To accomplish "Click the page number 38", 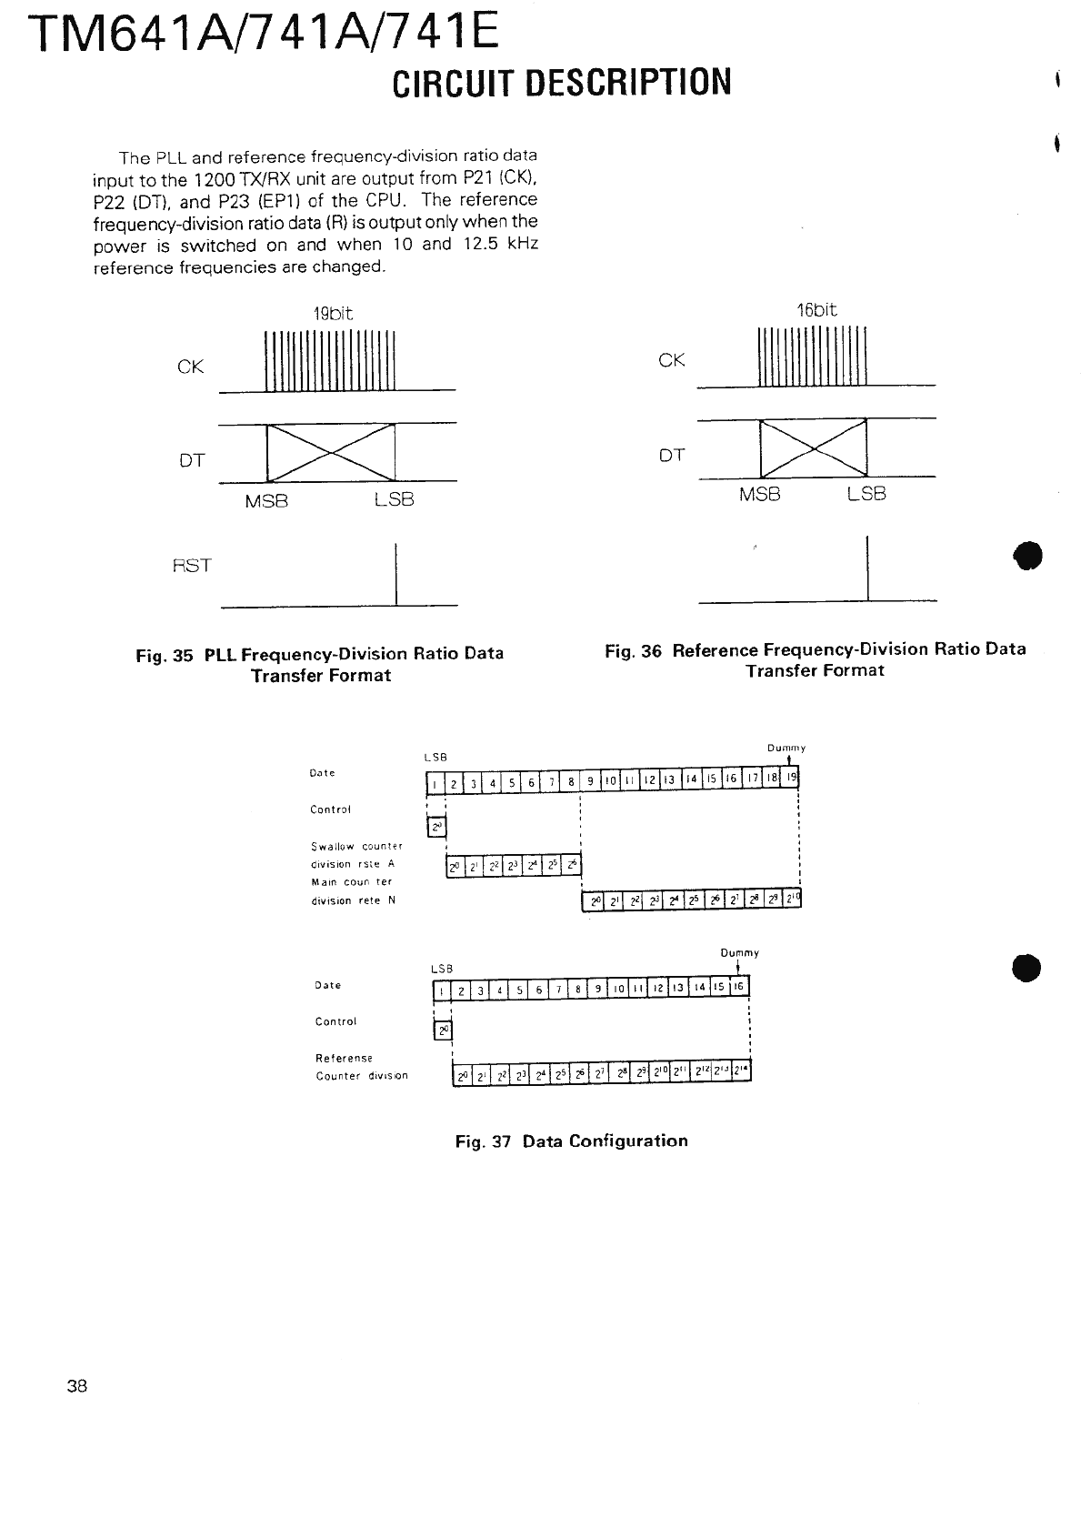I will point(76,1386).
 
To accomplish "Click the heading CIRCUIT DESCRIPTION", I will point(562,82).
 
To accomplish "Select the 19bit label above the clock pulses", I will point(333,314).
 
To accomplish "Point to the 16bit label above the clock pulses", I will point(816,309).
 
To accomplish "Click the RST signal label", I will point(192,565).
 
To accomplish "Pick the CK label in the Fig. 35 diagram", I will point(191,367).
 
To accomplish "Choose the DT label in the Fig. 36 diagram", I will point(672,455).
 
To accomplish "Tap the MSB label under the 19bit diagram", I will point(266,500).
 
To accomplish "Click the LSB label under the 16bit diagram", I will point(866,494).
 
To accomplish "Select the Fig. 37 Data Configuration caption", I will point(571,1141).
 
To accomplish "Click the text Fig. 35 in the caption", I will point(165,655).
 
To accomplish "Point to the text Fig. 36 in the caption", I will point(633,650).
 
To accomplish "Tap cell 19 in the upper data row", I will point(791,779).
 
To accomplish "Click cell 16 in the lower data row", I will point(739,988).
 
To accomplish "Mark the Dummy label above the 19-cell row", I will point(786,748).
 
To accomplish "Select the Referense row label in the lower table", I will point(344,1058).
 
